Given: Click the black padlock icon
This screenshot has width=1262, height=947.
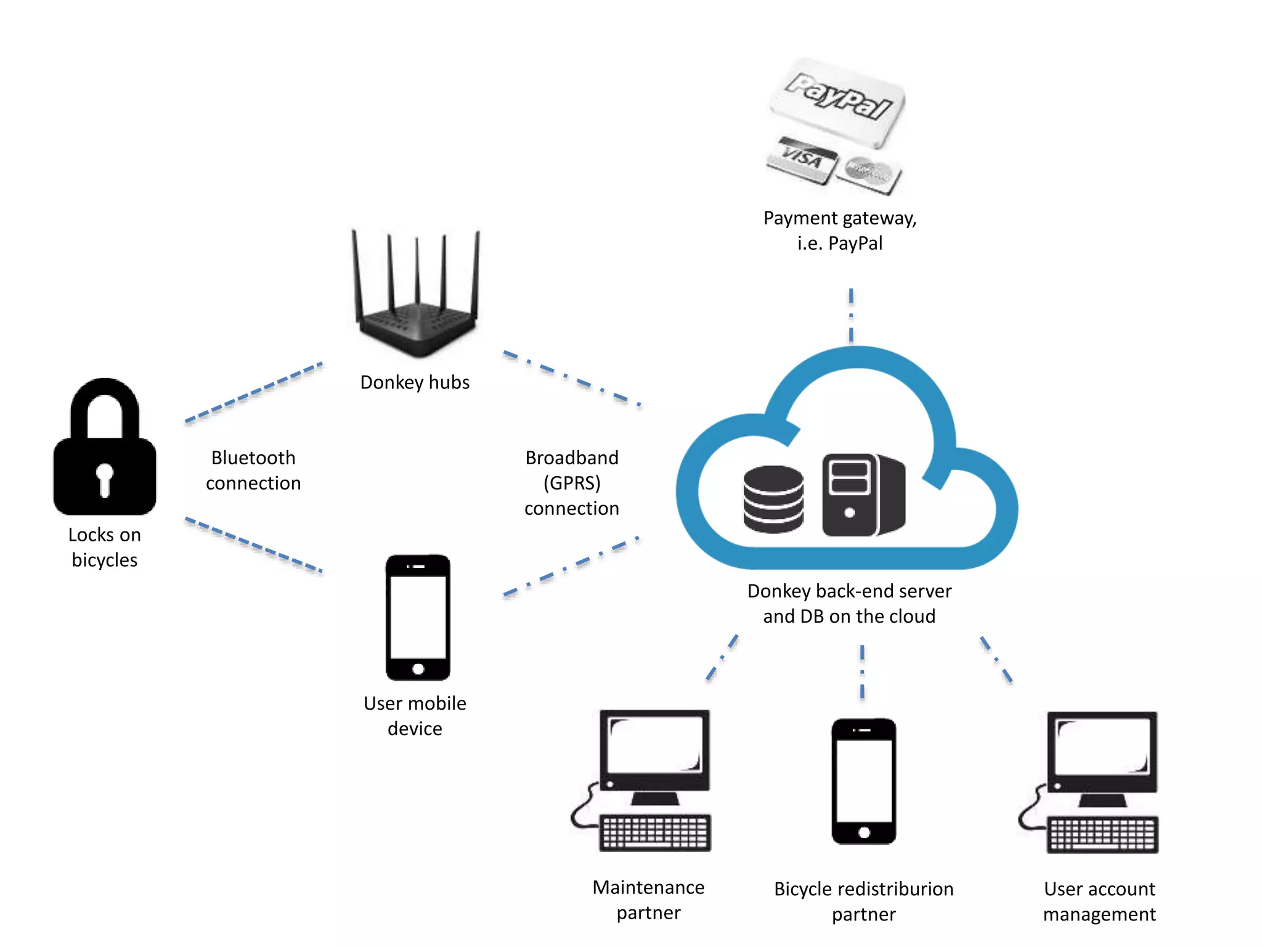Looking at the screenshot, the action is coord(105,446).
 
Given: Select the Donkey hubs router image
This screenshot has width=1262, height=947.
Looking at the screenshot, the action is coord(417,293).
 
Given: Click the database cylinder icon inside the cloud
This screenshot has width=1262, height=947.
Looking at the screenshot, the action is coord(773,499).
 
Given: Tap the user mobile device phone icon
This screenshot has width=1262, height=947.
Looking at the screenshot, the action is coord(418,617).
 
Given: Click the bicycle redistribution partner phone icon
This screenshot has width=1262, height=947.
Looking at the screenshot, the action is coord(864,781).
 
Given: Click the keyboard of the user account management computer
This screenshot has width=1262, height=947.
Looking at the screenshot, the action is coord(1102,835).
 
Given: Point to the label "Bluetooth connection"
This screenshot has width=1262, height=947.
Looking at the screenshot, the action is coord(253,470).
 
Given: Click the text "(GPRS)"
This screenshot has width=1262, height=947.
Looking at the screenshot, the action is coord(572,483).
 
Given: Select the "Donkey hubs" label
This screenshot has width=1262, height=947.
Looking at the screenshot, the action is coord(415,382).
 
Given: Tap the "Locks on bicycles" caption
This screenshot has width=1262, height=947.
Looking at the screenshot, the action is coord(105,547).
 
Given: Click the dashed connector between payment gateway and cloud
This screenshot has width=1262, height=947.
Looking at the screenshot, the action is coord(851,315).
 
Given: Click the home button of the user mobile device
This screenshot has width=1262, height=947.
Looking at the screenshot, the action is coord(418,669).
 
